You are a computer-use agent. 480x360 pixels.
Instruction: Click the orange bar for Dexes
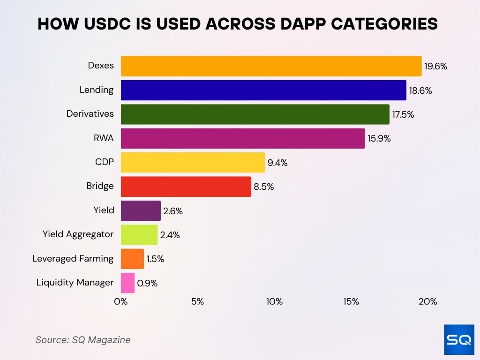[271, 66]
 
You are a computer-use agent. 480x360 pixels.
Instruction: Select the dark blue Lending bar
[263, 90]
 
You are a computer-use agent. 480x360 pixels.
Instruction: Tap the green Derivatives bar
[255, 114]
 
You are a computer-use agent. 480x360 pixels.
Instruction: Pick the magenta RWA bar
[243, 139]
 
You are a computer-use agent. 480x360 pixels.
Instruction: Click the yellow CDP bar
[193, 163]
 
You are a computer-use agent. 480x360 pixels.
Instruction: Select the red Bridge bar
[186, 187]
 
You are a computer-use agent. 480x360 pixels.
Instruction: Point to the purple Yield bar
[141, 211]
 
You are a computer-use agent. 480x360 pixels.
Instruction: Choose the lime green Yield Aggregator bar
[139, 235]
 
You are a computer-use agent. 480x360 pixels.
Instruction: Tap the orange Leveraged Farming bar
[132, 259]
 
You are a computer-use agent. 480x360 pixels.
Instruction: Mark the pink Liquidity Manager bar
[127, 283]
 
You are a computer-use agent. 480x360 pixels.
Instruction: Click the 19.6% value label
[436, 66]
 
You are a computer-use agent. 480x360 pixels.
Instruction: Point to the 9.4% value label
[277, 163]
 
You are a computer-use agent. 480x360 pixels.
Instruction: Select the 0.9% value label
[147, 283]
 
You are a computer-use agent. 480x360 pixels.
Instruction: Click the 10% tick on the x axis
[274, 301]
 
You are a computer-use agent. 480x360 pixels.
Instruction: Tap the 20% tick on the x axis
[427, 301]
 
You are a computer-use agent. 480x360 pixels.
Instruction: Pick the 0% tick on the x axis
[121, 301]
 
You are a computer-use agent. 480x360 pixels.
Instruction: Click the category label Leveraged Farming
[73, 259]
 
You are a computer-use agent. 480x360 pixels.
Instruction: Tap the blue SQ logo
[459, 340]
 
